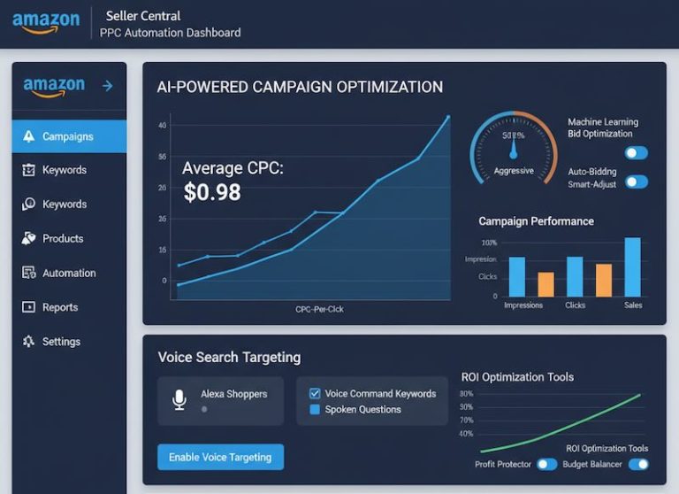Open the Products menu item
[x=62, y=238]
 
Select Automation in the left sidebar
[x=69, y=273]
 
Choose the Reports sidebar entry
[x=60, y=307]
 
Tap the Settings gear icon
[x=28, y=342]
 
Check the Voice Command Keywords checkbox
[x=315, y=394]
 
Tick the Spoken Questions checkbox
[x=315, y=410]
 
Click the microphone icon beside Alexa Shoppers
[x=179, y=400]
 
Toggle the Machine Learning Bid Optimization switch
[x=636, y=153]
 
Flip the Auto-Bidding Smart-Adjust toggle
[x=636, y=182]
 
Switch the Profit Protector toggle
[x=546, y=464]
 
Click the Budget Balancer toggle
[x=637, y=464]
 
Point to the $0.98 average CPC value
[x=212, y=192]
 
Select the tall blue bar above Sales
[x=632, y=266]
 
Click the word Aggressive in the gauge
[x=514, y=171]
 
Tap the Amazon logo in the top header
[x=46, y=22]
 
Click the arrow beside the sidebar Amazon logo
[x=108, y=86]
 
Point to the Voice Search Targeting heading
[x=229, y=358]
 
